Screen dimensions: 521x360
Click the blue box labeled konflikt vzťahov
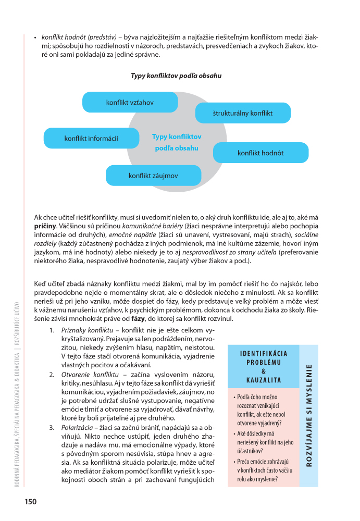pyautogui.click(x=130, y=102)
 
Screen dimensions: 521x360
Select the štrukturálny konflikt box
pyautogui.click(x=243, y=113)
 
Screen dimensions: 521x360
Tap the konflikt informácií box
pyautogui.click(x=91, y=138)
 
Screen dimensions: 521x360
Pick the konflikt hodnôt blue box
pyautogui.click(x=260, y=153)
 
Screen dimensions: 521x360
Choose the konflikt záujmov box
pyautogui.click(x=153, y=176)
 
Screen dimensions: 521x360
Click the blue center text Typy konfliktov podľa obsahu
pyautogui.click(x=177, y=142)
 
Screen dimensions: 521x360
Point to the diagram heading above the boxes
pyautogui.click(x=176, y=76)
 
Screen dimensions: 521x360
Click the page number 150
pyautogui.click(x=30, y=502)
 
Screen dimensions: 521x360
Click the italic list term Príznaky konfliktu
pyautogui.click(x=84, y=331)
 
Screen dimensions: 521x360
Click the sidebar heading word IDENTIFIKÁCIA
pyautogui.click(x=263, y=353)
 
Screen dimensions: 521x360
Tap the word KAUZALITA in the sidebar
pyautogui.click(x=263, y=380)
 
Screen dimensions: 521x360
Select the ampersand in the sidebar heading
pyautogui.click(x=263, y=371)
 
